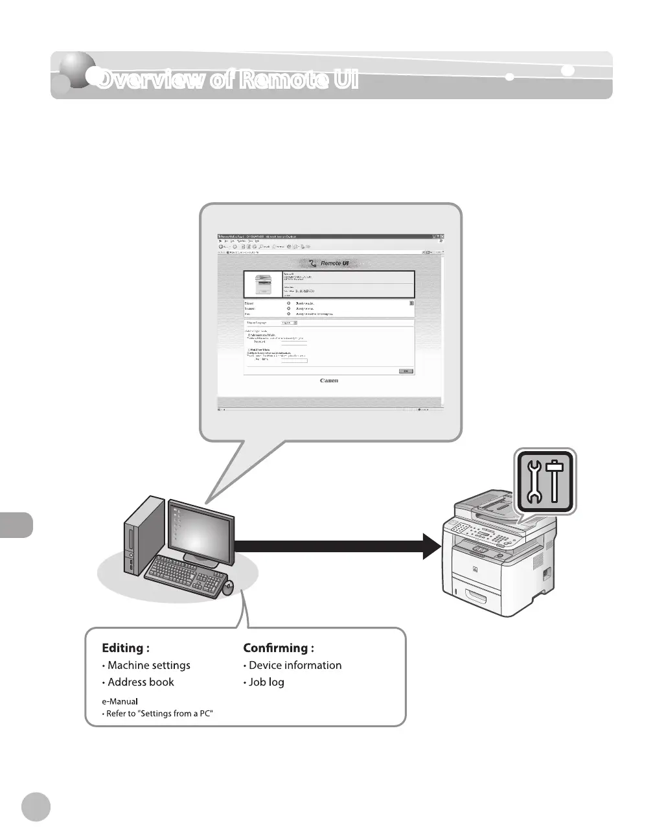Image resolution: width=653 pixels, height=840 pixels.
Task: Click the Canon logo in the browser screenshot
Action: pos(329,381)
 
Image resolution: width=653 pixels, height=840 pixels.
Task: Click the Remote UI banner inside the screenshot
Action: pos(329,263)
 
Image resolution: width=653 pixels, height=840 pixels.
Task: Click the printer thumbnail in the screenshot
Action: pos(264,284)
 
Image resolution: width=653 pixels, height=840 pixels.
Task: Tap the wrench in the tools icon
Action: pos(534,482)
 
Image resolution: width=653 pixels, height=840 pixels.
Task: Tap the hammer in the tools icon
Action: pos(555,481)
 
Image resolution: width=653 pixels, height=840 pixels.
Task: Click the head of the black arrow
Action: pos(430,546)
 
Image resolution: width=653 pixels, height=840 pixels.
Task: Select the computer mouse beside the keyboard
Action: pos(229,588)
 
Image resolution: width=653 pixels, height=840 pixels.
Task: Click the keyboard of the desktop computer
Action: pos(184,576)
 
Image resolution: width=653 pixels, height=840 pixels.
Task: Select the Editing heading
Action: pos(126,648)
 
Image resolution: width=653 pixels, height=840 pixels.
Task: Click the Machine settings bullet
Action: pos(148,666)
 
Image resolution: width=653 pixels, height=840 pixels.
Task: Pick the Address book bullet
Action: pos(141,682)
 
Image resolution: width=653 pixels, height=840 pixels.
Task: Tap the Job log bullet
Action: pos(266,682)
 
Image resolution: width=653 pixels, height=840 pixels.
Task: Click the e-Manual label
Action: pos(120,701)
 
